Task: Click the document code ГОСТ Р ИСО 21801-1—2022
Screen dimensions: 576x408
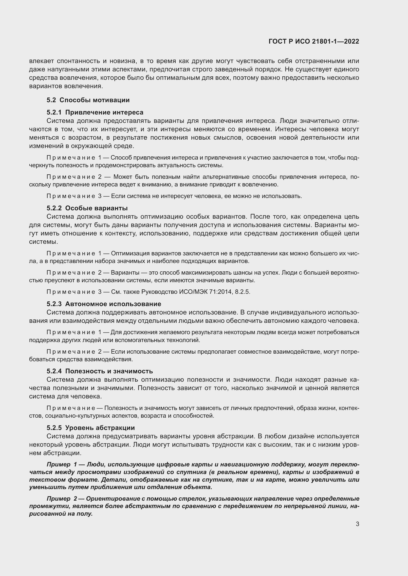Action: [314, 41]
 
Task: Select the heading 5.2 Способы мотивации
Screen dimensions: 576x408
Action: [88, 100]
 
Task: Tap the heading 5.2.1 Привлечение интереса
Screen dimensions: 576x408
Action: [95, 112]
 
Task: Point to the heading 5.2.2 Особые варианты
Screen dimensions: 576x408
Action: [87, 208]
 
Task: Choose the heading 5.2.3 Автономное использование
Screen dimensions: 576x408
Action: [104, 304]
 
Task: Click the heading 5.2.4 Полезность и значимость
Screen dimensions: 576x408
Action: [99, 371]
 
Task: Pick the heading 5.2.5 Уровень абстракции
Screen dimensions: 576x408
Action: [91, 428]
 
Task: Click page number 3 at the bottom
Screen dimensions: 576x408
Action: [357, 524]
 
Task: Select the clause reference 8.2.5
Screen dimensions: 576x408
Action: [242, 292]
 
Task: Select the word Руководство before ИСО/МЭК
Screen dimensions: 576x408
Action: [159, 292]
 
